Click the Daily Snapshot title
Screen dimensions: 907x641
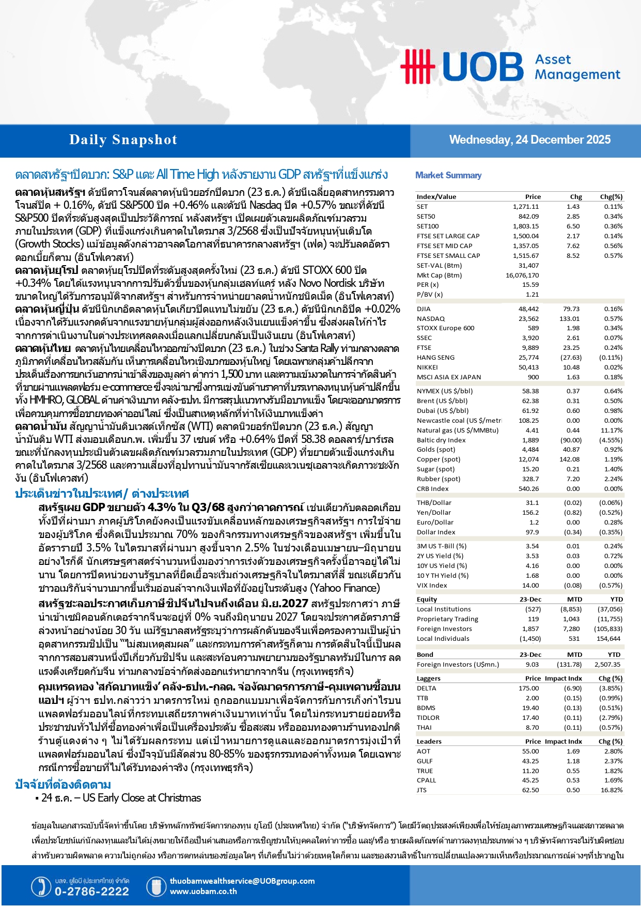[123, 140]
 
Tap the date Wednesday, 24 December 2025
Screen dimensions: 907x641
[529, 140]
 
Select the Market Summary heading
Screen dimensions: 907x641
[448, 175]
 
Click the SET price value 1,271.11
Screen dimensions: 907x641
[525, 206]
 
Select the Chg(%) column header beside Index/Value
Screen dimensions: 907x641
[611, 197]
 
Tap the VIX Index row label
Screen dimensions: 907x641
[432, 586]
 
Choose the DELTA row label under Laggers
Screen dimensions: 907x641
[426, 688]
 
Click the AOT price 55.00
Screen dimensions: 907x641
[530, 751]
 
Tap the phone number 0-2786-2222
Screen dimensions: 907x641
[91, 891]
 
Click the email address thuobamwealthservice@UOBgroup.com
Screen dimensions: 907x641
[242, 881]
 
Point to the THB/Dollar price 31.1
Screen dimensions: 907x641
[532, 503]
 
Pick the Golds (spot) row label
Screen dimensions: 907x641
[435, 450]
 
